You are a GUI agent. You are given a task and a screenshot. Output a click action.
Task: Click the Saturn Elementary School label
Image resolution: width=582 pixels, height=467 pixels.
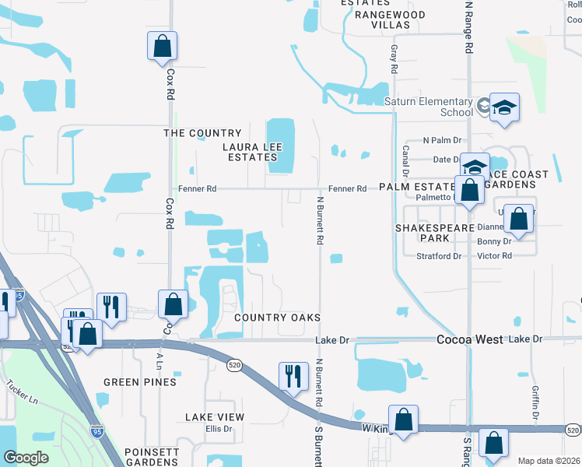point(429,107)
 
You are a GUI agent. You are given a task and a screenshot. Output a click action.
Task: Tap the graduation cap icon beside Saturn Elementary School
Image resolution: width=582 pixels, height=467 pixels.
point(504,107)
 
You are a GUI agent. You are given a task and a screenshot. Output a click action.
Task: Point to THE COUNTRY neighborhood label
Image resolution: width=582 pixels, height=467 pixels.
point(202,133)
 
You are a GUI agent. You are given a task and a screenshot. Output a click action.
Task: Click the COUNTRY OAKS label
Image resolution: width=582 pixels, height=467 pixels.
point(278,318)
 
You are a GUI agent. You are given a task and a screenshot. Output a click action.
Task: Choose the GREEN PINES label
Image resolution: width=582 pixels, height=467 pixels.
point(140,382)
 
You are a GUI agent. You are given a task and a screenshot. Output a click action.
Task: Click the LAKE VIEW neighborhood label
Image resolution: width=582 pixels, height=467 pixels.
point(215,417)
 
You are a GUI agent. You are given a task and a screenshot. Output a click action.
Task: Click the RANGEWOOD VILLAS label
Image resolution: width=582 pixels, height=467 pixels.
point(389,19)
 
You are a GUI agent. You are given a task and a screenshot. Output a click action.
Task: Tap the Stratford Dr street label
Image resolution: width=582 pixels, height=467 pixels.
point(439,255)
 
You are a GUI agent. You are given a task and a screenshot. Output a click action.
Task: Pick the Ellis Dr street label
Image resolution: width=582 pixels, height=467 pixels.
point(219,429)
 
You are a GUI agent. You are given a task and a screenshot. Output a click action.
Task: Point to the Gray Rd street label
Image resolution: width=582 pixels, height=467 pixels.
point(394,58)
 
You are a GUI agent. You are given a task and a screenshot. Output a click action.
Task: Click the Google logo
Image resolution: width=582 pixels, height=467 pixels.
point(26,458)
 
